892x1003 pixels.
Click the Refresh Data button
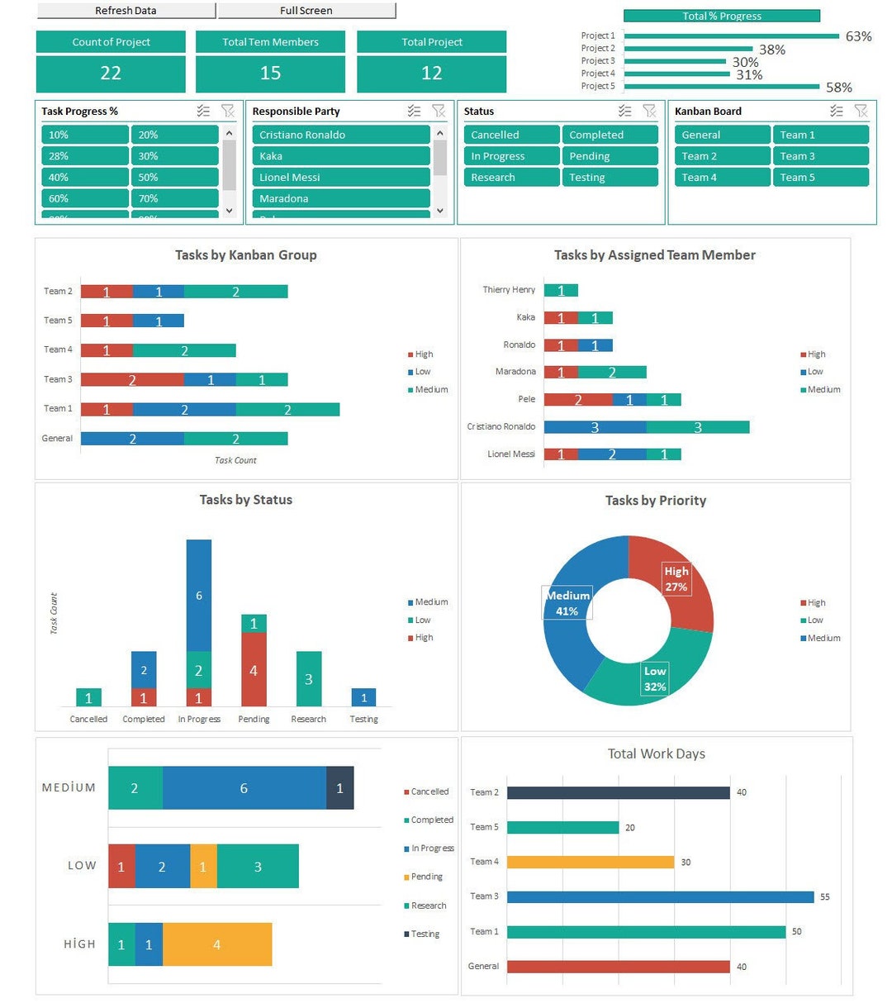point(126,11)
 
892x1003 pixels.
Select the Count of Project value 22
point(111,74)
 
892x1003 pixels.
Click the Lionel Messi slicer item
point(340,177)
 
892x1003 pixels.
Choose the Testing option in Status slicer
point(610,177)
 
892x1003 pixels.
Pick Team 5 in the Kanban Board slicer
point(820,177)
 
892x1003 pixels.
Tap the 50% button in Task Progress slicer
point(173,177)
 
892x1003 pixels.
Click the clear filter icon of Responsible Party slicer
point(439,111)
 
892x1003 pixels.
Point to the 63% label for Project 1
point(858,36)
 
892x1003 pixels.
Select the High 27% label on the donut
point(676,578)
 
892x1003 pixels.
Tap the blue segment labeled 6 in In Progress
point(198,595)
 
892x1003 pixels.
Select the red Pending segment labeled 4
point(254,669)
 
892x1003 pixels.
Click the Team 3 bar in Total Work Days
point(660,896)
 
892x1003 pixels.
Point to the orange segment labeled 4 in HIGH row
point(217,944)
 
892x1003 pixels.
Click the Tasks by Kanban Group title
point(245,255)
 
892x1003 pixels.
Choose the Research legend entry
point(429,906)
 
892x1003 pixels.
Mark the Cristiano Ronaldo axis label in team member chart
point(501,426)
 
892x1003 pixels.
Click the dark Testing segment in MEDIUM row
point(339,788)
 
